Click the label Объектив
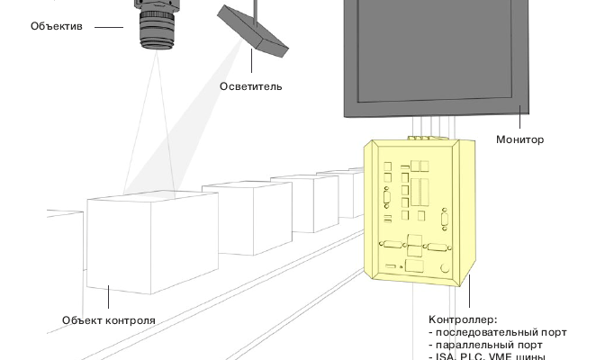tap(56, 27)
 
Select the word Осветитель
tap(250, 86)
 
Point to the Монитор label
tap(519, 139)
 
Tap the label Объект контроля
tap(108, 320)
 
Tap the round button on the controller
tap(443, 267)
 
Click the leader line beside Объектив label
tap(109, 27)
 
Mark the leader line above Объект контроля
tap(108, 300)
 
